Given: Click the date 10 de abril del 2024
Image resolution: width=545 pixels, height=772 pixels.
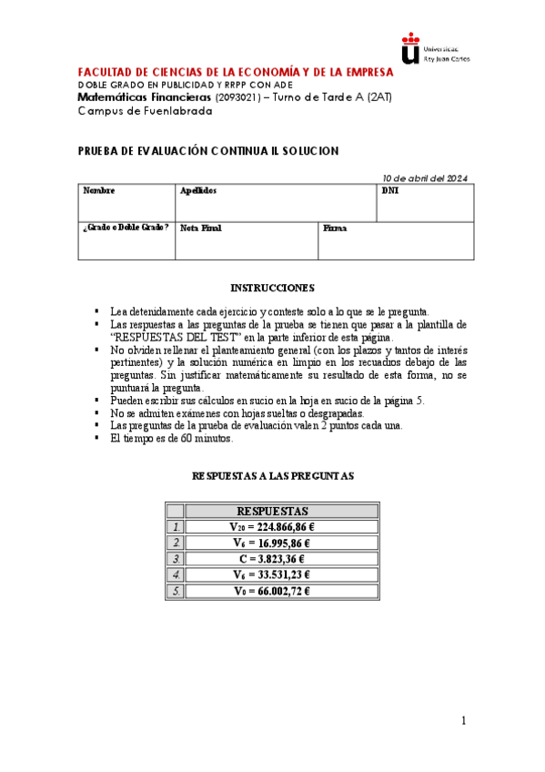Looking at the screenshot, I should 425,178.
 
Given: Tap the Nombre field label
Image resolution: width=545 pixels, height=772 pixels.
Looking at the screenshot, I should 99,191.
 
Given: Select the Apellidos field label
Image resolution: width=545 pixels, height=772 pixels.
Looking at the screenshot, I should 198,191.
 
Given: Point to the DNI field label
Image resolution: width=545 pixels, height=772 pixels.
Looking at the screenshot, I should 389,191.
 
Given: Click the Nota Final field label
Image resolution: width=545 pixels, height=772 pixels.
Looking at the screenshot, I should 201,228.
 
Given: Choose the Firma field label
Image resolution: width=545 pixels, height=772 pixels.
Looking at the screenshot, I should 335,228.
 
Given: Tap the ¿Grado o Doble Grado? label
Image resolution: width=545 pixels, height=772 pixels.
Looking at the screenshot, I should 126,228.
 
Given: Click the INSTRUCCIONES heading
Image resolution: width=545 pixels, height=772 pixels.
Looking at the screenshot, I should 272,289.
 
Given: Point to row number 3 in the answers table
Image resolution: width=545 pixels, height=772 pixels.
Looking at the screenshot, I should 177,559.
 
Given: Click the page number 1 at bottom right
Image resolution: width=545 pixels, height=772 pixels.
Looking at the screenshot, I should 463,722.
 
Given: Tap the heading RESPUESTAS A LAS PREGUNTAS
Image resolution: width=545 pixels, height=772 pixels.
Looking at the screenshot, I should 272,476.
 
